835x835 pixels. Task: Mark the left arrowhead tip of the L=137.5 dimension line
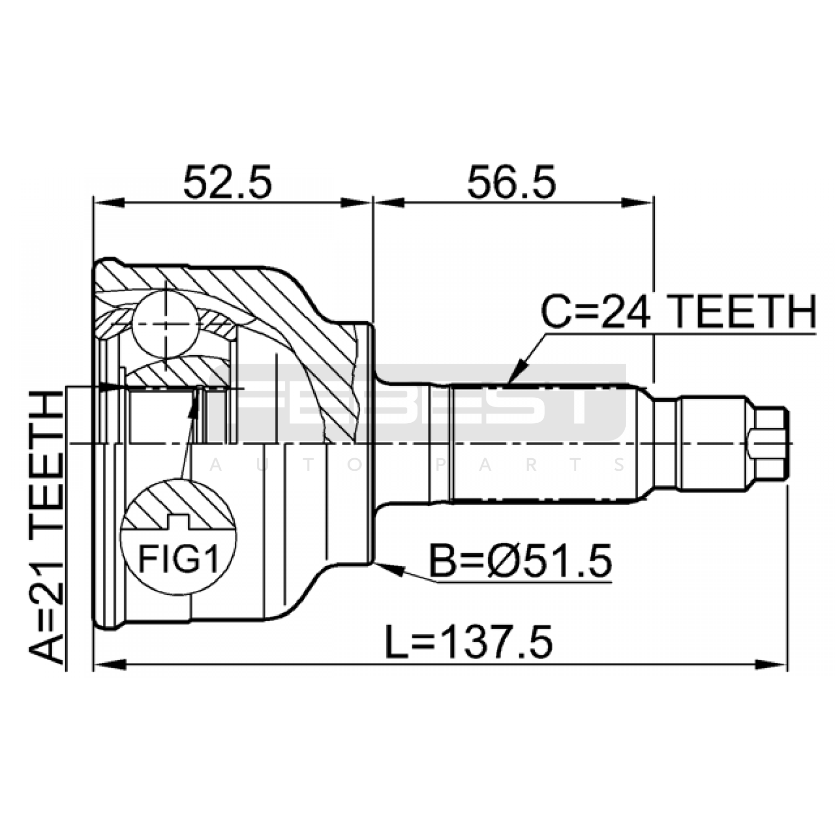[x=94, y=664]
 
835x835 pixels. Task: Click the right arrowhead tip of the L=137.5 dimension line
[x=786, y=664]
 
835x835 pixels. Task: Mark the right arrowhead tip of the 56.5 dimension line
[x=653, y=202]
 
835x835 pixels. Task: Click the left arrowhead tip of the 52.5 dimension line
[x=94, y=202]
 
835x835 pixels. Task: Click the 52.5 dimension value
[x=228, y=183]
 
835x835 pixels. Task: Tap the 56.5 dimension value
[x=511, y=183]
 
